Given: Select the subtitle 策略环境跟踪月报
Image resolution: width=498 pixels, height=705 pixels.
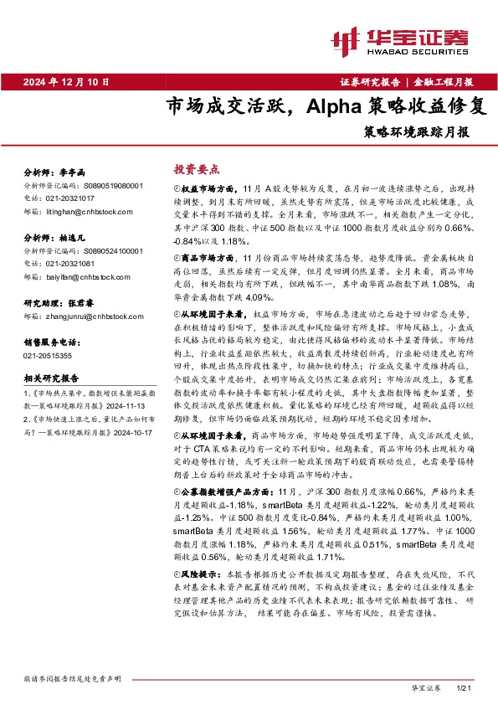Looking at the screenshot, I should (x=416, y=131).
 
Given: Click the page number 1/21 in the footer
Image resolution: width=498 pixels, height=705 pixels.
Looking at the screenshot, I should (x=466, y=688).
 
